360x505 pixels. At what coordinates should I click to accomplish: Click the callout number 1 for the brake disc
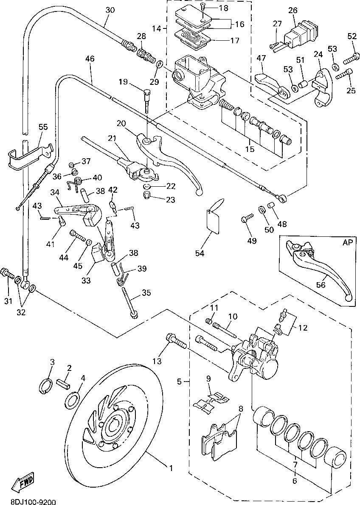(171, 469)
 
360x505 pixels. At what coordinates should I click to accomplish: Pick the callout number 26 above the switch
(293, 10)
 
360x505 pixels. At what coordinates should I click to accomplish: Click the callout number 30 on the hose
(110, 10)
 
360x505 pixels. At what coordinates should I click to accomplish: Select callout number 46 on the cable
(89, 59)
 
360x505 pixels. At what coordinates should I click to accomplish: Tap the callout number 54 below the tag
(200, 253)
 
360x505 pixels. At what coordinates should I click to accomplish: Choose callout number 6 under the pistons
(294, 481)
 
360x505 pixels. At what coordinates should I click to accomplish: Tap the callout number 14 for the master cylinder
(156, 29)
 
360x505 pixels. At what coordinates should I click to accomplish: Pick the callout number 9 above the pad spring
(208, 379)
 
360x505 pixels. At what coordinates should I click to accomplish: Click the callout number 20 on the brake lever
(121, 123)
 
